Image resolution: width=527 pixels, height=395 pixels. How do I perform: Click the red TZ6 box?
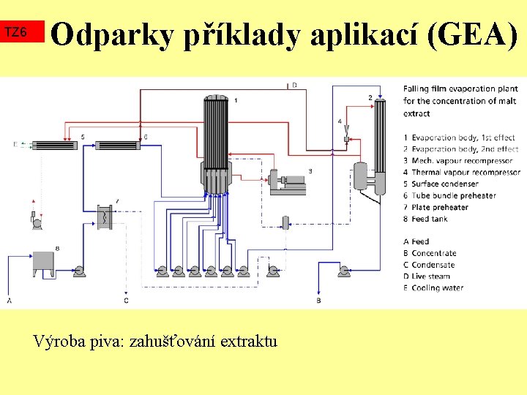[23, 32]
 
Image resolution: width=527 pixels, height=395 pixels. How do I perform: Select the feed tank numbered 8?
[43, 262]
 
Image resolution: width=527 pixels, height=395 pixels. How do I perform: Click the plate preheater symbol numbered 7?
[107, 217]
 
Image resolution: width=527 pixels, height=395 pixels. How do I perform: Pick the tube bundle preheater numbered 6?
[118, 145]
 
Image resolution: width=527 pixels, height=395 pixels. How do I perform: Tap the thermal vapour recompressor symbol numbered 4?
[345, 137]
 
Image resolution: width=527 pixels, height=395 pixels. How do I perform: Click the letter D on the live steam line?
[294, 86]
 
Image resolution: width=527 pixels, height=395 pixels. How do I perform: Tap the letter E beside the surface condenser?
[15, 145]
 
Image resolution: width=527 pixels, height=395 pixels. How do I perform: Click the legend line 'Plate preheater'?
[439, 207]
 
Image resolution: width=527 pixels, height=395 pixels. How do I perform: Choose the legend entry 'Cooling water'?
[437, 288]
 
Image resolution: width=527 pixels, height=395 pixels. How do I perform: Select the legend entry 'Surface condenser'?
[444, 184]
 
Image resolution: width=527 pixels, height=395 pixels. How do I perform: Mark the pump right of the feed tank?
[81, 272]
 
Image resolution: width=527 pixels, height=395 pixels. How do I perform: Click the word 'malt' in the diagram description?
[504, 101]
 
